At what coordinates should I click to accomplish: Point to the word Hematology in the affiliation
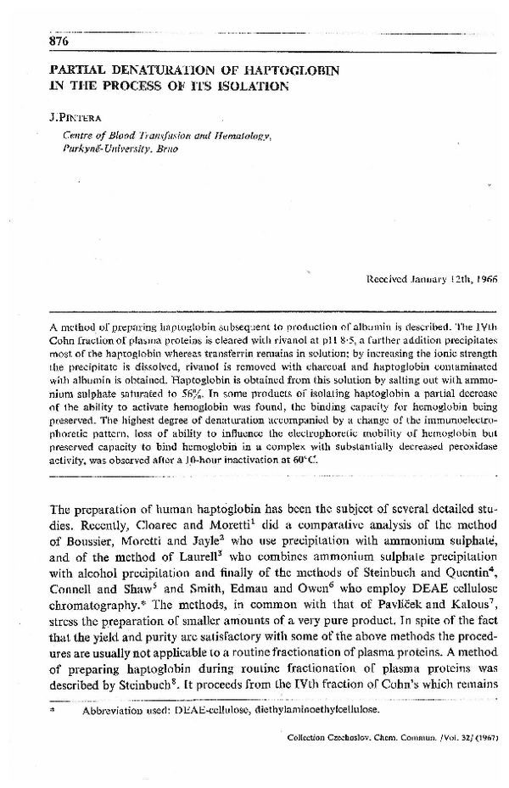215,136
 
